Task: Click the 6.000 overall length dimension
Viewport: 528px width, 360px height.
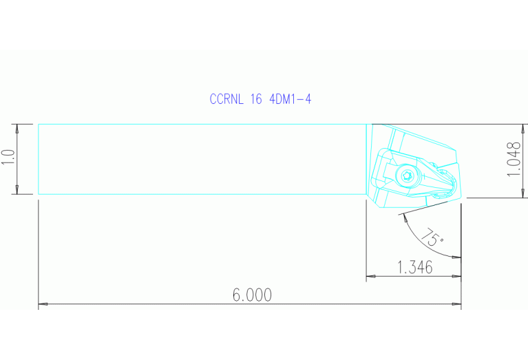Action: [252, 295]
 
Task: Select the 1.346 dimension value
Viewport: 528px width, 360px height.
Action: [415, 268]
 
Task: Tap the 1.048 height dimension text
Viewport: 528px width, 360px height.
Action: [513, 160]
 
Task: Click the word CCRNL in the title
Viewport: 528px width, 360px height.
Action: [226, 99]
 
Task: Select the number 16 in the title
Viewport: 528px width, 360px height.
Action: [256, 99]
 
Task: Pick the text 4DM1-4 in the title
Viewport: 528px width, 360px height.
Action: [291, 99]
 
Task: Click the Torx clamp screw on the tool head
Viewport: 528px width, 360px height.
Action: [406, 176]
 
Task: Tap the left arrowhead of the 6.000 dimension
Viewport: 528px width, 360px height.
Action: [42, 303]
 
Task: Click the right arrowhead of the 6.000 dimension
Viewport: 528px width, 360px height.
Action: [457, 303]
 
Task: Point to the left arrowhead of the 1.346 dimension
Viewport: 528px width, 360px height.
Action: [370, 277]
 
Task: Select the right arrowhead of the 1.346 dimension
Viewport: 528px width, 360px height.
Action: [457, 277]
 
